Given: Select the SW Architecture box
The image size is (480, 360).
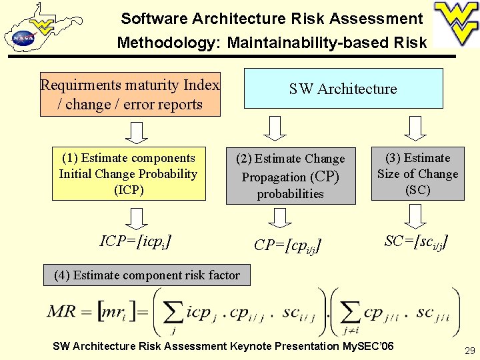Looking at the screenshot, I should pos(343,89).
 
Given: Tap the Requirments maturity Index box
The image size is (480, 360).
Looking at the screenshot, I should pos(130,95).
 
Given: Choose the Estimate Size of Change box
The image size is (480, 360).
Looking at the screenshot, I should pos(418,174).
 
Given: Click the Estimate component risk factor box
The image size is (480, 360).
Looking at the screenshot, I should pos(147,275).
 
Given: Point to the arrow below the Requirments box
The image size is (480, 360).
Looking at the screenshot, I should pos(137,133).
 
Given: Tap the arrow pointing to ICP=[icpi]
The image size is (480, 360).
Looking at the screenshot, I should pos(137,218).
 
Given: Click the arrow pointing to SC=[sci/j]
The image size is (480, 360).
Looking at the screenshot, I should pos(415,215).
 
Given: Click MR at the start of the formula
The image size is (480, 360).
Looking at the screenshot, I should pos(61,312).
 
